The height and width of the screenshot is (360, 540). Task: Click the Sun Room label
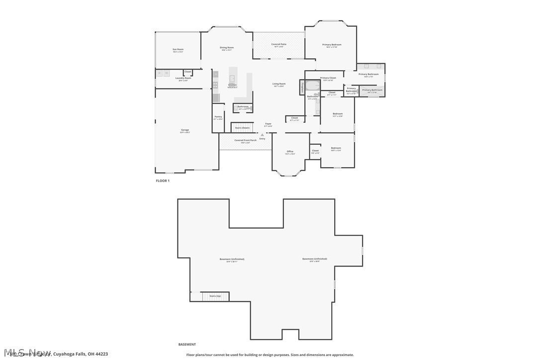[x=178, y=50]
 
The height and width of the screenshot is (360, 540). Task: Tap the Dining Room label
[x=227, y=48]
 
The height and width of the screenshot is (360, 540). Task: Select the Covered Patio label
[x=278, y=45]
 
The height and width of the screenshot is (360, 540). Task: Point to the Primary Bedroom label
[x=332, y=45]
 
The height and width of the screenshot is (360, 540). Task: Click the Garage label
[x=184, y=131]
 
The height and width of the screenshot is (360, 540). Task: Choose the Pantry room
[x=218, y=118]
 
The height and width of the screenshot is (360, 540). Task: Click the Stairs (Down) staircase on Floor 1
[x=243, y=128]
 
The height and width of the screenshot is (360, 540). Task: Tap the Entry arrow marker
[x=262, y=135]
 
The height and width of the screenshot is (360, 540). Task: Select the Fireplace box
[x=301, y=88]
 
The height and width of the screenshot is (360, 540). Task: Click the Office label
[x=290, y=152]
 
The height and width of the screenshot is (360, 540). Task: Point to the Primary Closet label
[x=328, y=78]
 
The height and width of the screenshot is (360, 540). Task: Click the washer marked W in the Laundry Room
[x=159, y=73]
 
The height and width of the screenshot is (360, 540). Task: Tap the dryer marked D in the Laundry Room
[x=166, y=73]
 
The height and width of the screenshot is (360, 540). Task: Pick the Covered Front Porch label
[x=245, y=141]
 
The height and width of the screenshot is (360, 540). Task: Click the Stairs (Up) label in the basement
[x=215, y=296]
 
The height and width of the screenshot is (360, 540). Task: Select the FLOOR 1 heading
[x=163, y=181]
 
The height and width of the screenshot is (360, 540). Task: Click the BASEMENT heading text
[x=187, y=344]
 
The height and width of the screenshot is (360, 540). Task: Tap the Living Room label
[x=278, y=84]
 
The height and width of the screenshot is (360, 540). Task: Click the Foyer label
[x=268, y=124]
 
